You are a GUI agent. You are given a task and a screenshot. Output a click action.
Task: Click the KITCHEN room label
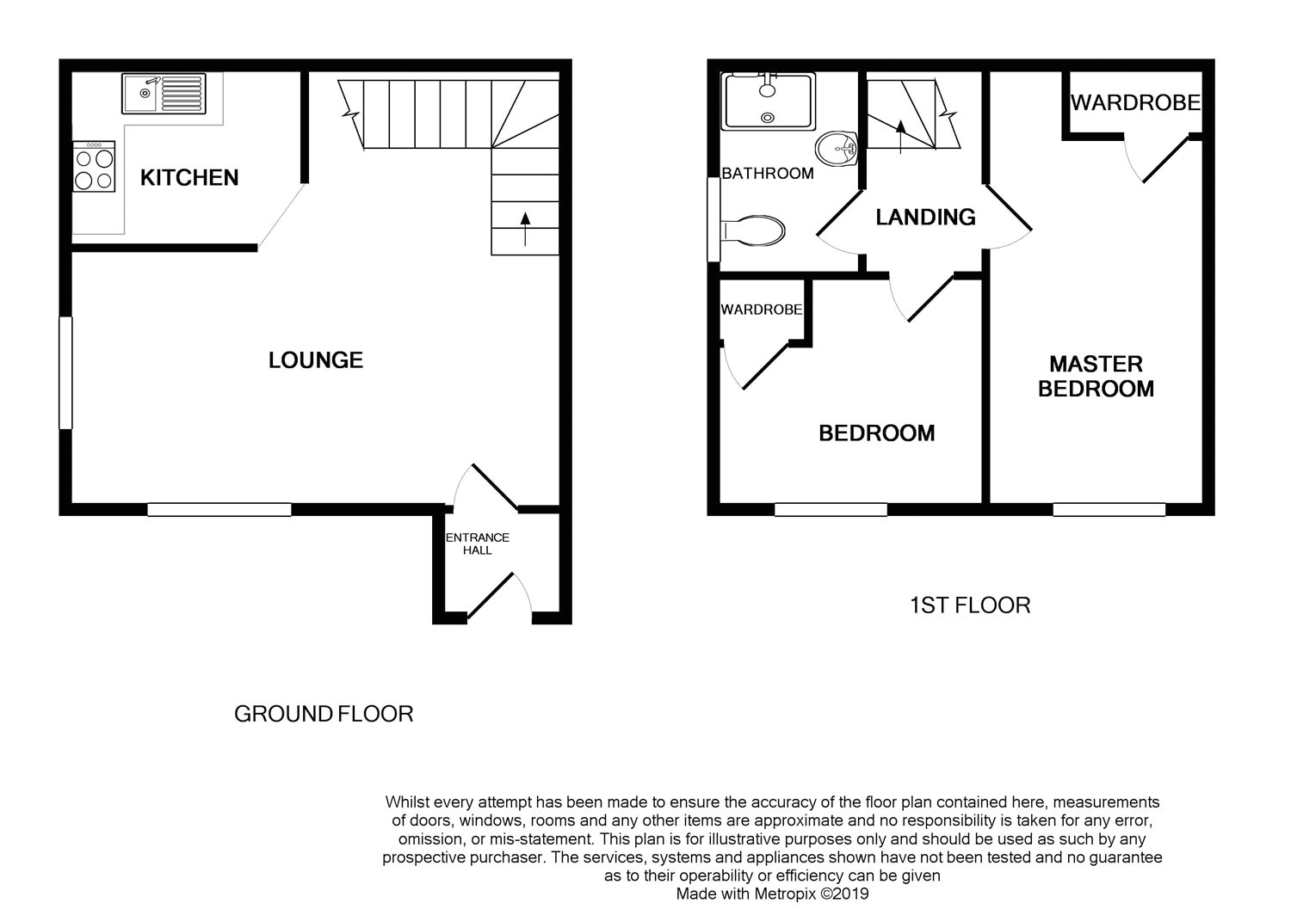189,177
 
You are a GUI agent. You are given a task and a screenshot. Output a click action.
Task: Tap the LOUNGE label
316,360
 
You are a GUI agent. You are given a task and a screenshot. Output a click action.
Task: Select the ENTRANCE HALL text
477,544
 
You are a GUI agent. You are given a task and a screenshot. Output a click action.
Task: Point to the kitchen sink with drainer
164,94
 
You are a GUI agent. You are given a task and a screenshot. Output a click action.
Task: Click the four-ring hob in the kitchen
94,167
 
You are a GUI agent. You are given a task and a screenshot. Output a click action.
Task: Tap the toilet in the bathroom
752,231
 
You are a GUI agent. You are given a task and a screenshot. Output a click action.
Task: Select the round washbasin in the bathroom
837,149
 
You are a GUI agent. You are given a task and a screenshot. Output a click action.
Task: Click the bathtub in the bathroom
769,101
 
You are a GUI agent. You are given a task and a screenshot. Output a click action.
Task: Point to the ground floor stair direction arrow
525,230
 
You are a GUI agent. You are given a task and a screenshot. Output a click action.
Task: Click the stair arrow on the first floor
901,137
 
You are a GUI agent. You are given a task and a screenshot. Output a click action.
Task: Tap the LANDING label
925,218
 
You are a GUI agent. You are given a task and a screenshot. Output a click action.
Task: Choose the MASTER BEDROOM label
1096,376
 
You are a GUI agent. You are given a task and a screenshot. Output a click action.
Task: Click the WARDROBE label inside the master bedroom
1135,102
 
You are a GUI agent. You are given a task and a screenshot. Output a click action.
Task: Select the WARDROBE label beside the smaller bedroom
762,310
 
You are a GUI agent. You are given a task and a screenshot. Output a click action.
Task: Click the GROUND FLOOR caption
324,715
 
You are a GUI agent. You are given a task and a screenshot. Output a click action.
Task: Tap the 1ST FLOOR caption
970,605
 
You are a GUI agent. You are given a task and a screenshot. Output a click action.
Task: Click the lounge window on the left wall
65,372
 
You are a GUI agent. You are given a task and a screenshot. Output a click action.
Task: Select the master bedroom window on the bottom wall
1109,509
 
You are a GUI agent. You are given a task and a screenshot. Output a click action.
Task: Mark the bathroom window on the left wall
713,219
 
